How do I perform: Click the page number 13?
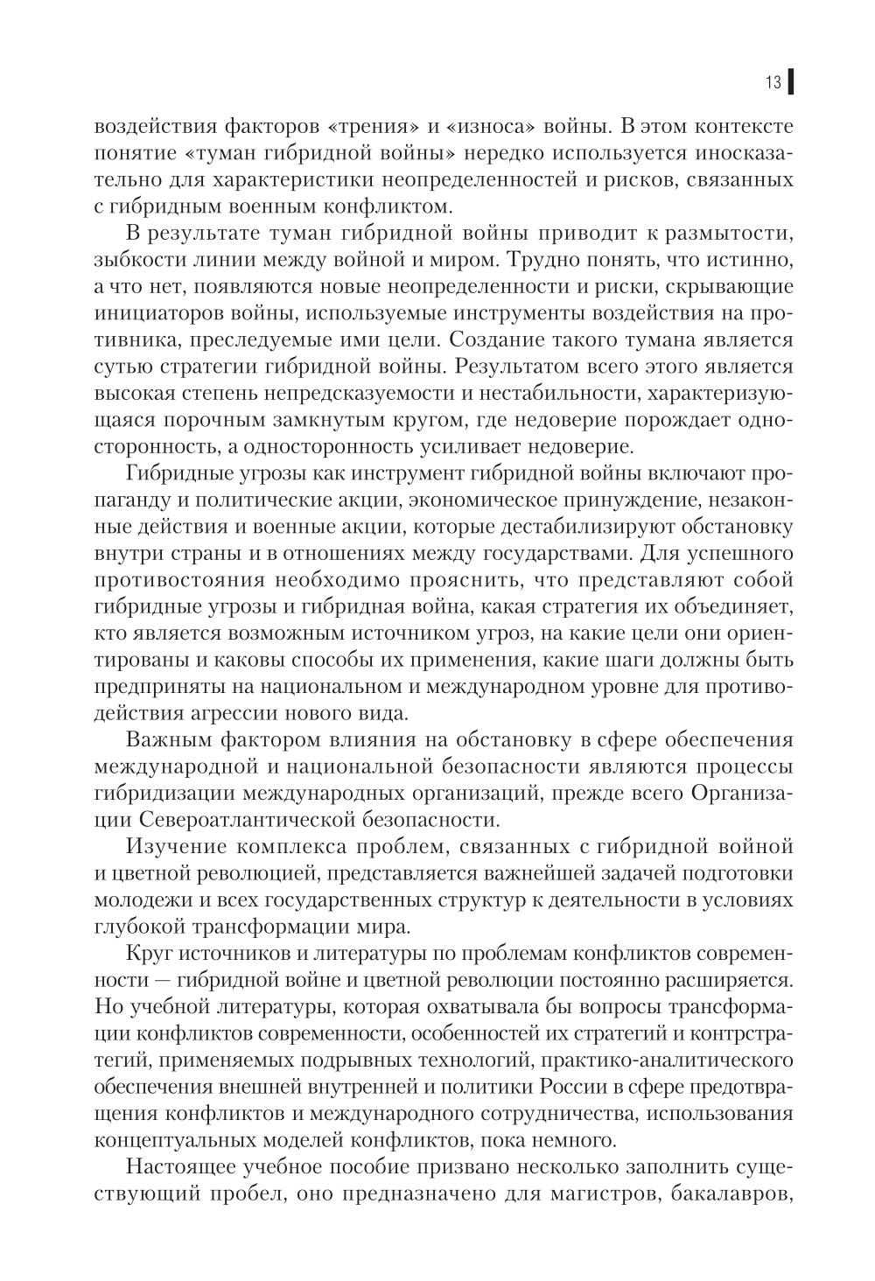[x=773, y=83]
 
